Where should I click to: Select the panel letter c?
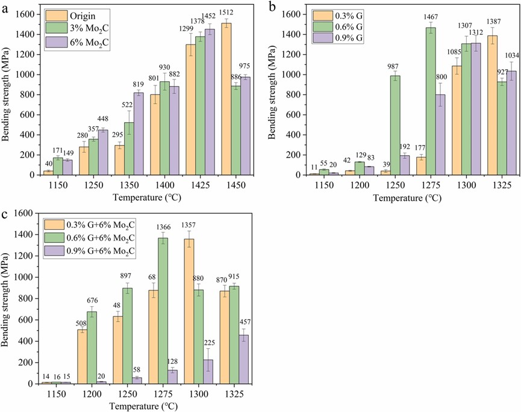pos(4,215)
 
